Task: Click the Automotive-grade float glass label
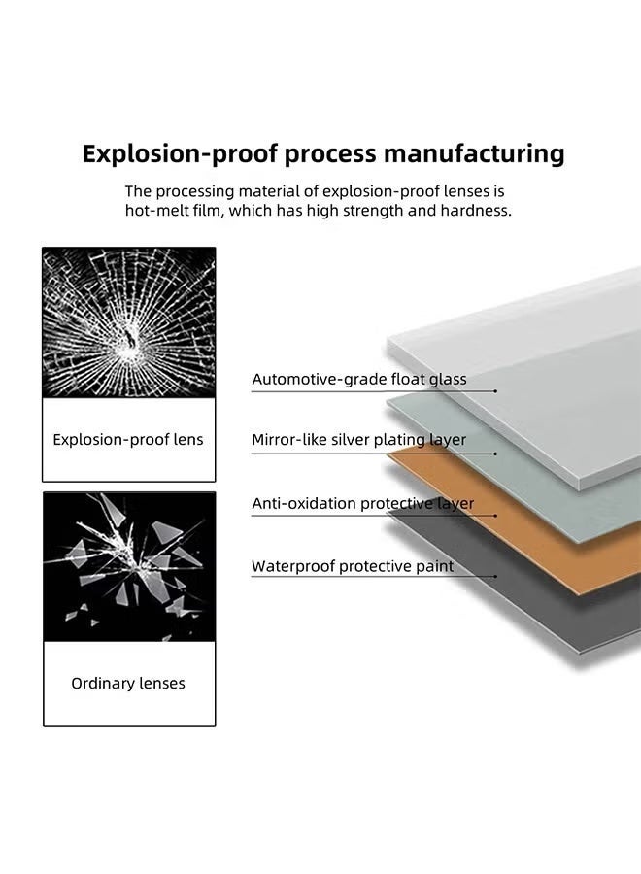point(359,380)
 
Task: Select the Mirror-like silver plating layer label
point(359,440)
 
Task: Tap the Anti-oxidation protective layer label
point(363,504)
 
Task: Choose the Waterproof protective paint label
point(353,566)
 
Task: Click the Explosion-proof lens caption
point(128,440)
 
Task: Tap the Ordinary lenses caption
point(128,684)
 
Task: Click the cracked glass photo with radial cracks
point(128,321)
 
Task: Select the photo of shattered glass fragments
point(128,566)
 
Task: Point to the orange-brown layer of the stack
point(544,544)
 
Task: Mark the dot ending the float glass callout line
point(496,390)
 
